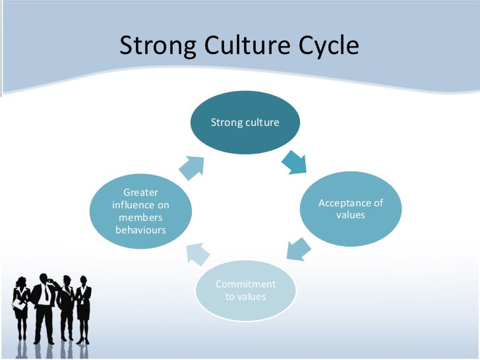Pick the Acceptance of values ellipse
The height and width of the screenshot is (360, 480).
pos(350,208)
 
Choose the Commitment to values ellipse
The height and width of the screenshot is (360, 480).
pos(245,290)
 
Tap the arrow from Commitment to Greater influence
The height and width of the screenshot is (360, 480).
pos(197,253)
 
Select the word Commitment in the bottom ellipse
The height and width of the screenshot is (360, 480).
pos(245,284)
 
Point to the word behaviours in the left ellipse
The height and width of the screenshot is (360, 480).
pos(141,230)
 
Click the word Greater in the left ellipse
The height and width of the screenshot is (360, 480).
pos(141,193)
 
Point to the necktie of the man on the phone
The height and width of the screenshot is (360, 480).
pos(45,294)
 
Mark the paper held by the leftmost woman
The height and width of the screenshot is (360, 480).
pos(18,305)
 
